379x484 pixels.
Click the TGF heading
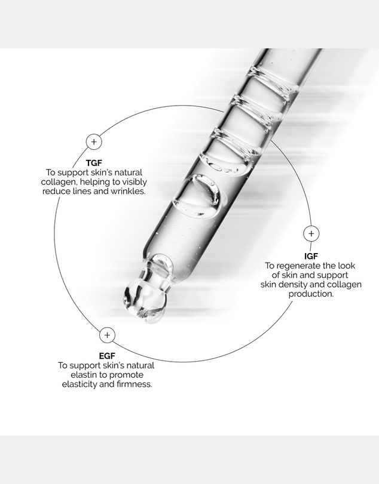(94, 163)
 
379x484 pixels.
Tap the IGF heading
(311, 256)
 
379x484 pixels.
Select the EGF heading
(107, 356)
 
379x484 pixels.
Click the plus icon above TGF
(94, 141)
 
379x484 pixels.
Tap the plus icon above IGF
(311, 234)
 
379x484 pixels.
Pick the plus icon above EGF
(107, 335)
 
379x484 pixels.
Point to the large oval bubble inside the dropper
(198, 195)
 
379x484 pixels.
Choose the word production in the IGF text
(311, 294)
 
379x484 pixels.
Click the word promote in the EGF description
(127, 375)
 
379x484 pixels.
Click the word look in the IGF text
(347, 266)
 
